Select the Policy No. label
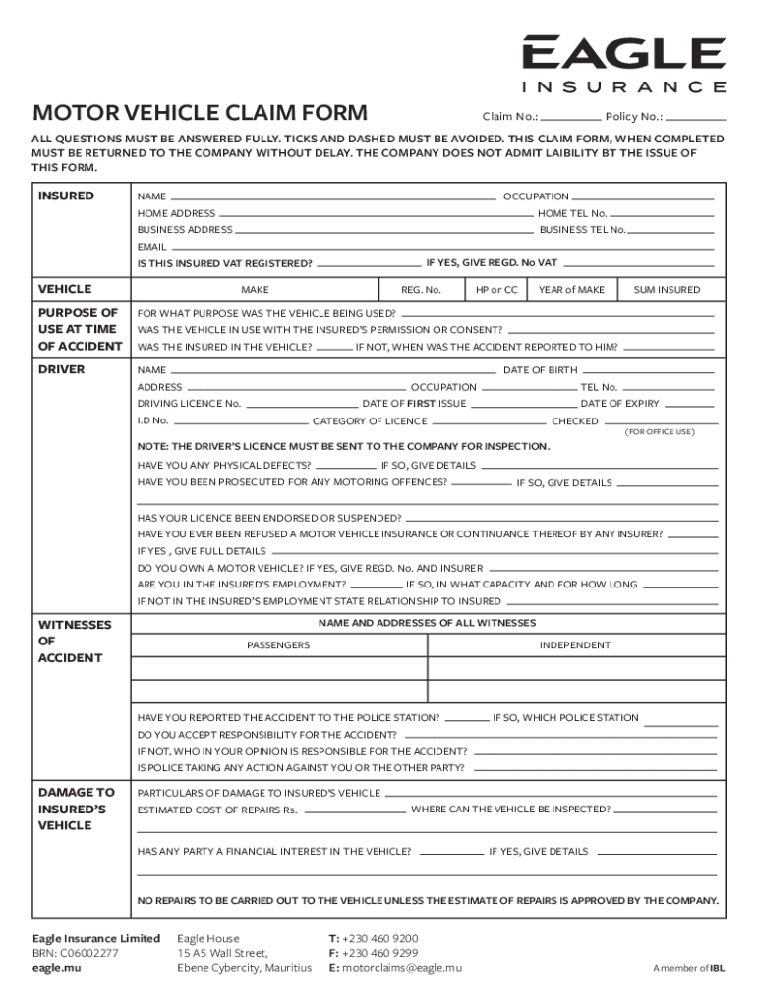pos(634,116)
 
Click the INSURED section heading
pos(66,196)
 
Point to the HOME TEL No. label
pos(573,213)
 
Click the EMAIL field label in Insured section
pos(151,247)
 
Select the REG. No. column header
pos(421,290)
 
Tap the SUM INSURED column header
pos(667,290)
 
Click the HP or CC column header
pos(496,290)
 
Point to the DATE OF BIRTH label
pos(541,370)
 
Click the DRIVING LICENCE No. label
pos(189,404)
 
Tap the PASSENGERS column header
pos(278,645)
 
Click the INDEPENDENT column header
pos(575,645)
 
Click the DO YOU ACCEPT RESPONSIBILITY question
pos(267,735)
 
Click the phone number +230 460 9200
pos(380,938)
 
